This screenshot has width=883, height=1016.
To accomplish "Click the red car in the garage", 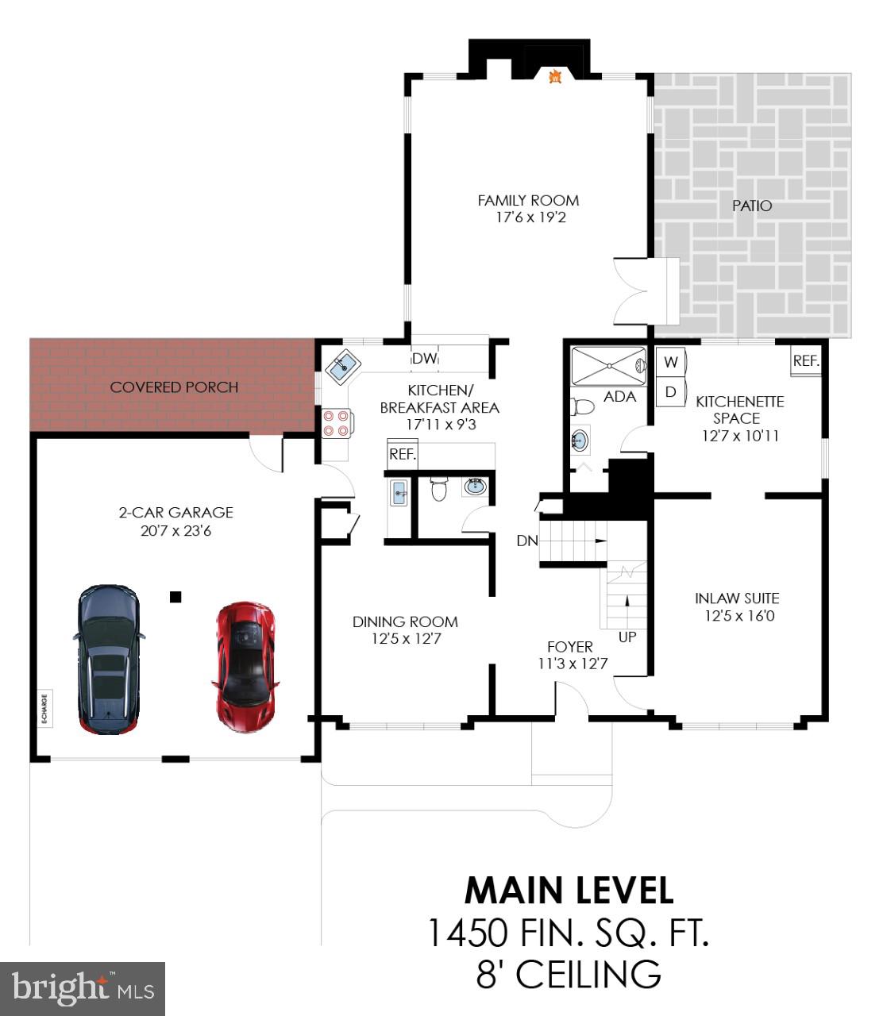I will pos(245,667).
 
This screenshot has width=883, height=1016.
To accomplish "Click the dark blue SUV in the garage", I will pos(109,659).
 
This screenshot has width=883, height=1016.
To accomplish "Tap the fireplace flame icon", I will pos(557,76).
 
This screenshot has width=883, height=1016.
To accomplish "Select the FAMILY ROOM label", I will pos(528,201).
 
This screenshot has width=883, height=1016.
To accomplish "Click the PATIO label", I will pos(751,206).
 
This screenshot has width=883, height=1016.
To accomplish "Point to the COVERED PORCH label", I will pos(174,387).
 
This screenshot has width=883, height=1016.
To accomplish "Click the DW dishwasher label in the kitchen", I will pos(424,359).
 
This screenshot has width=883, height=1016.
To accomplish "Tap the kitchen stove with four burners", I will pos(336,422).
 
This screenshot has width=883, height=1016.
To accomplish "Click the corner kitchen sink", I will pos(343,367).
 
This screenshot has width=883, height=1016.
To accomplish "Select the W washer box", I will pos(671,363).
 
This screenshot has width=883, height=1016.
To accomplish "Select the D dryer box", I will pos(671,392).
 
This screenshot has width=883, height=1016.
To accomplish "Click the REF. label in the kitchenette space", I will pos(805,361).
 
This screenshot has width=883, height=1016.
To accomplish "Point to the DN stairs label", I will pos(527,541).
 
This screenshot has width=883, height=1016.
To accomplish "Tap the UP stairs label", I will pos(627,637).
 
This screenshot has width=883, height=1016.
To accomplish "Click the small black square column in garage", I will pos(175,597).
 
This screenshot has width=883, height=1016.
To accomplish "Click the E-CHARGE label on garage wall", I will pos(44,708).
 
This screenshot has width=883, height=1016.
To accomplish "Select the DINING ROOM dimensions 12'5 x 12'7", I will pos(405,639).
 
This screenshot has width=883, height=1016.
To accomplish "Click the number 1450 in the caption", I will pos(468,933).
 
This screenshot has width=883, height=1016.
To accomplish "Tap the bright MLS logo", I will pos(83,988).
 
